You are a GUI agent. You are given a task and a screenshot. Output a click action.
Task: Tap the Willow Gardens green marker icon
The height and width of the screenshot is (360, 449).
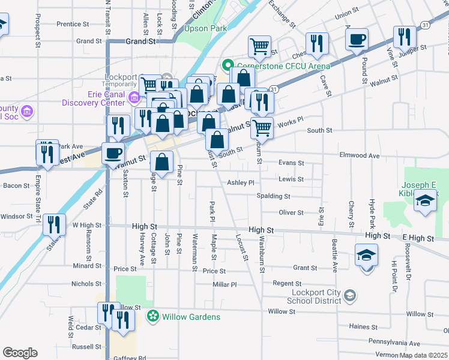pyautogui.click(x=153, y=316)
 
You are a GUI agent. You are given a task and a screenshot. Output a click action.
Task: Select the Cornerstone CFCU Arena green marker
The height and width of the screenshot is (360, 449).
pyautogui.click(x=228, y=65)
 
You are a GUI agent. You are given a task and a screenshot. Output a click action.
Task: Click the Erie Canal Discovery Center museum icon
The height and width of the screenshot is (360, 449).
pyautogui.click(x=134, y=97)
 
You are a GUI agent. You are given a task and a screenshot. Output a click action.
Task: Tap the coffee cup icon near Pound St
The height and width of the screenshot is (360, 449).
pyautogui.click(x=357, y=40)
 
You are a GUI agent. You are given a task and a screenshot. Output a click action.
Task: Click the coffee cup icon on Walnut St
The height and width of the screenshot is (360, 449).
pyautogui.click(x=113, y=153)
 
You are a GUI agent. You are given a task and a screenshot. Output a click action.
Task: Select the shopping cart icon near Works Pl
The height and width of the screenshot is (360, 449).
pyautogui.click(x=261, y=128)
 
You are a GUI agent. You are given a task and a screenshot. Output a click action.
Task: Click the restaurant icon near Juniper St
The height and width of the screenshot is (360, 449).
pyautogui.click(x=405, y=37)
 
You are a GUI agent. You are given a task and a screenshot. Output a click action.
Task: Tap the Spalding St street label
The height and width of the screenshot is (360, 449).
pyautogui.click(x=273, y=196)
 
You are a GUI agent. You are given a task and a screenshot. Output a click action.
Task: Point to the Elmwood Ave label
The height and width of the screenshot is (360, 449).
pyautogui.click(x=360, y=155)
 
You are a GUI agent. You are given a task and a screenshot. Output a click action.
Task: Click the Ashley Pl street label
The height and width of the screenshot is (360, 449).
pyautogui.click(x=241, y=182)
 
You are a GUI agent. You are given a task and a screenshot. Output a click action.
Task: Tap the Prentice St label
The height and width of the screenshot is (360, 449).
pyautogui.click(x=73, y=25)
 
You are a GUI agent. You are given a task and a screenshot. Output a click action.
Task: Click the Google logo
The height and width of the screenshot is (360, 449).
pyautogui.click(x=20, y=353)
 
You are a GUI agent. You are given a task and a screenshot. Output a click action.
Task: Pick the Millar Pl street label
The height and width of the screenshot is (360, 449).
pyautogui.click(x=225, y=284)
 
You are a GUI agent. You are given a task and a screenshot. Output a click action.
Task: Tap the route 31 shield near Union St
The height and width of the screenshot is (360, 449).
pyautogui.click(x=424, y=25)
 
